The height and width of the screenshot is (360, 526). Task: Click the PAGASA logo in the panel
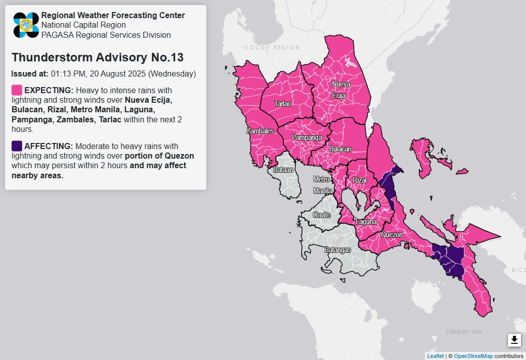tap(26, 25)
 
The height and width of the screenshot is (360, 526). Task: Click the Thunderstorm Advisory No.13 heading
tap(97, 57)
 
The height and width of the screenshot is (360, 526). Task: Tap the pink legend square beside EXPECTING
tap(17, 90)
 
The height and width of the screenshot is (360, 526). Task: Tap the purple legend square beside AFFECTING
tap(17, 146)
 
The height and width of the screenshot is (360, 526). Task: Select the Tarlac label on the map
tap(282, 104)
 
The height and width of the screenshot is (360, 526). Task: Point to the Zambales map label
tap(260, 131)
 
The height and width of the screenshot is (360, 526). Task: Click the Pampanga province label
tap(307, 137)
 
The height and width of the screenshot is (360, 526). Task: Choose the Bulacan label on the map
tap(340, 150)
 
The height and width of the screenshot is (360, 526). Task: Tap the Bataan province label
tap(282, 170)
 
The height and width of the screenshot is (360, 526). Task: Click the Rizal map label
tap(360, 180)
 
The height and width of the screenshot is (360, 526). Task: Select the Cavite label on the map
tap(322, 215)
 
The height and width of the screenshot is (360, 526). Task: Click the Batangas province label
tap(337, 250)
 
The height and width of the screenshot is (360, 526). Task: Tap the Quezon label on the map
tap(392, 235)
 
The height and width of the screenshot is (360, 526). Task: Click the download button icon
tap(514, 340)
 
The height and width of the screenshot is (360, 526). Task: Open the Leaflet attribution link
tap(435, 356)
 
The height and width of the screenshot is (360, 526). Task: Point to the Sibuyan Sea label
tap(464, 331)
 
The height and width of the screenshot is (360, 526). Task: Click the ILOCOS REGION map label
tap(271, 48)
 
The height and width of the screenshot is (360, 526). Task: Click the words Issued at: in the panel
tap(30, 74)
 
